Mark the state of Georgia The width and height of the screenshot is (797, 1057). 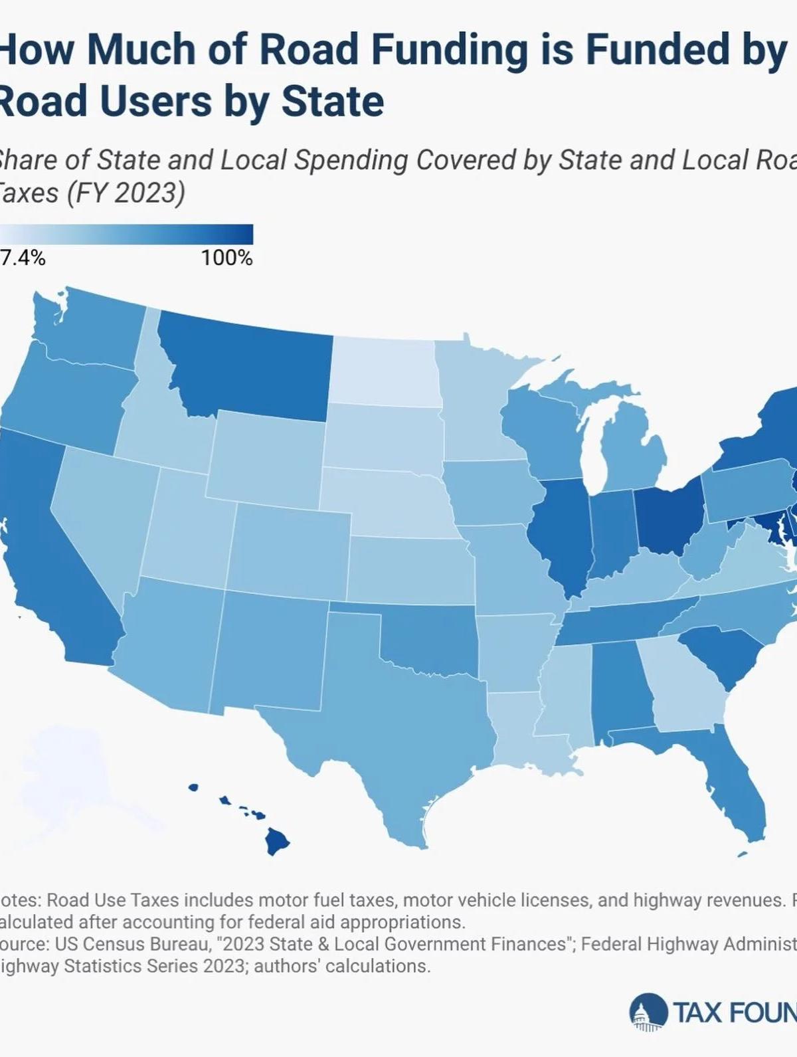pyautogui.click(x=687, y=691)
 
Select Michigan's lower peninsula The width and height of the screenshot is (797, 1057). pyautogui.click(x=634, y=452)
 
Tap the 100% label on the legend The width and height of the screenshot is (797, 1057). pyautogui.click(x=226, y=258)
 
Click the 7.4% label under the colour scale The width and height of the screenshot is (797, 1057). pyautogui.click(x=23, y=258)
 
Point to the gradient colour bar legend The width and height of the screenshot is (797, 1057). pyautogui.click(x=126, y=235)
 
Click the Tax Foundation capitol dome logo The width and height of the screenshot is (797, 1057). pyautogui.click(x=648, y=1012)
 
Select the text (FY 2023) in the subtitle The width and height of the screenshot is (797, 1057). pyautogui.click(x=126, y=193)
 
